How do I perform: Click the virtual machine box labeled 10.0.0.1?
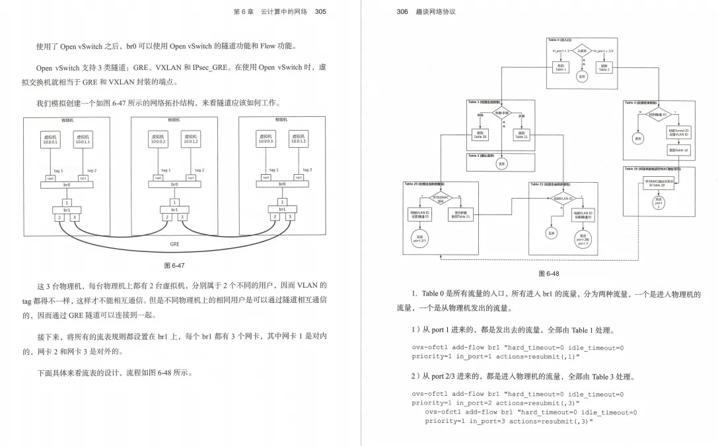pos(50,139)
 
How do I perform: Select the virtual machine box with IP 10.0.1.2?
pos(190,139)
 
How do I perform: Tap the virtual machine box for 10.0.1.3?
pos(299,139)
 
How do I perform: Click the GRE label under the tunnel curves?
pos(174,243)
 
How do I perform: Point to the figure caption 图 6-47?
pos(174,265)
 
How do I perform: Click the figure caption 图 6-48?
pos(549,273)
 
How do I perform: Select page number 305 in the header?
pos(320,11)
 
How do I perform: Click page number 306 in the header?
pos(402,11)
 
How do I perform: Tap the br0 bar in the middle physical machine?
pos(174,185)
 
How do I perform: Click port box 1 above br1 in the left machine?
pos(67,202)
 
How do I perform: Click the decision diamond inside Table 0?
pos(582,51)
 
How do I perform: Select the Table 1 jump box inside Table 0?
pos(560,67)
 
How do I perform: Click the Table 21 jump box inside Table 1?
pos(521,135)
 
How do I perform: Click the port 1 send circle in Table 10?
pos(658,201)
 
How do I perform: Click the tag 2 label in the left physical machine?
pos(91,170)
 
